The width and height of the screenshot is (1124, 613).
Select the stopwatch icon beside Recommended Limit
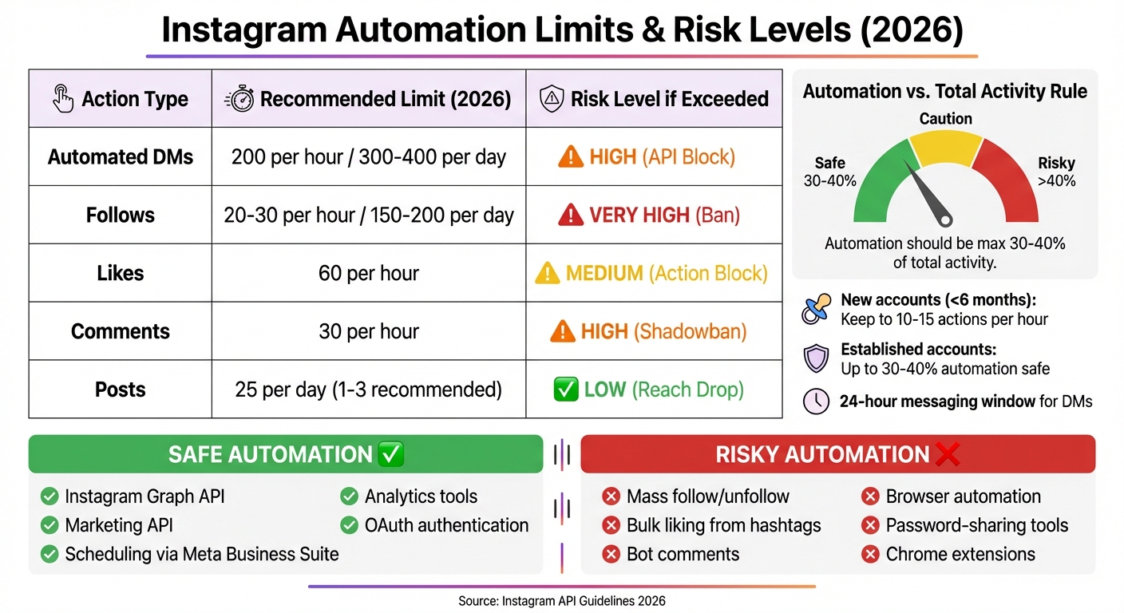[239, 99]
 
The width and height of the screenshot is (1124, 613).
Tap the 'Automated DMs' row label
[121, 157]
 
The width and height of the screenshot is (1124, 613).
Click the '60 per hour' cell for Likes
[369, 273]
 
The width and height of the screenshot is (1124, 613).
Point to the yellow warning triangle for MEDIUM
[547, 274]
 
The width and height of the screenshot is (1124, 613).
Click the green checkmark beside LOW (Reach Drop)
[565, 390]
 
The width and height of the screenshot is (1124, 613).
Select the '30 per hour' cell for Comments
[369, 331]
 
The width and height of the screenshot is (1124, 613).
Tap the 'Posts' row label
[121, 390]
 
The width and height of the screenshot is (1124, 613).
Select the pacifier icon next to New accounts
[816, 310]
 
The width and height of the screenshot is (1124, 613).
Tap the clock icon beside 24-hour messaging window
[816, 401]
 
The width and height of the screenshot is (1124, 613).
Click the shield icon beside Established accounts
[816, 358]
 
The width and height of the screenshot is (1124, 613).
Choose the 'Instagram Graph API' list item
[144, 496]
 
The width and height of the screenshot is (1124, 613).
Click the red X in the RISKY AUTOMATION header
[947, 454]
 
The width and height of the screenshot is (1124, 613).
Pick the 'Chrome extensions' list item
[960, 554]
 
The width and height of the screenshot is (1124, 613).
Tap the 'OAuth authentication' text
[446, 525]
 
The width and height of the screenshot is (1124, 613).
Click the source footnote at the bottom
[561, 601]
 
